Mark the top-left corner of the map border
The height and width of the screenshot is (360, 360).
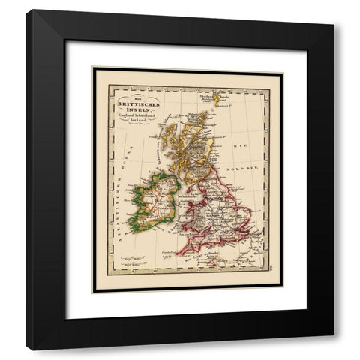(93, 68)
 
